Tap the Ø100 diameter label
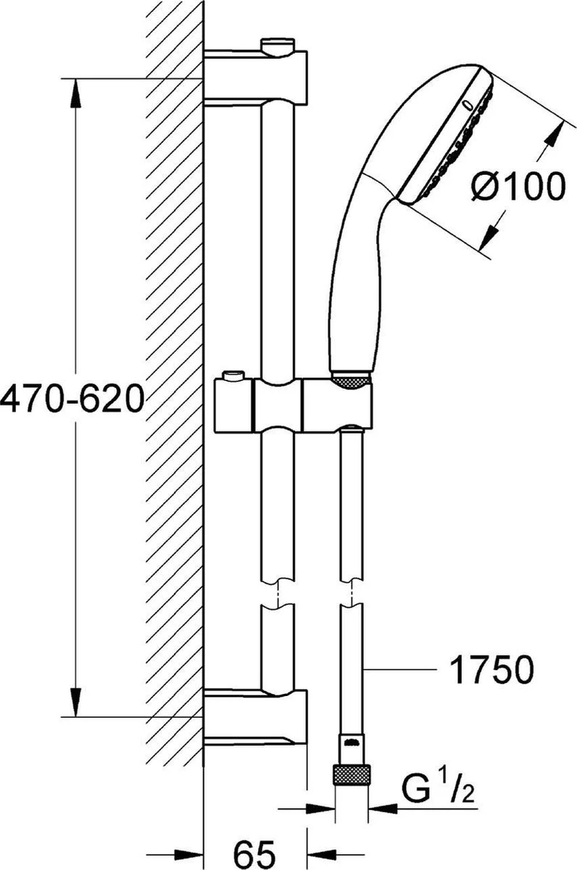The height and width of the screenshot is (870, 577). coord(517,188)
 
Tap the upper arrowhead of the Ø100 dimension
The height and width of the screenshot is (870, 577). coord(555,133)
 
